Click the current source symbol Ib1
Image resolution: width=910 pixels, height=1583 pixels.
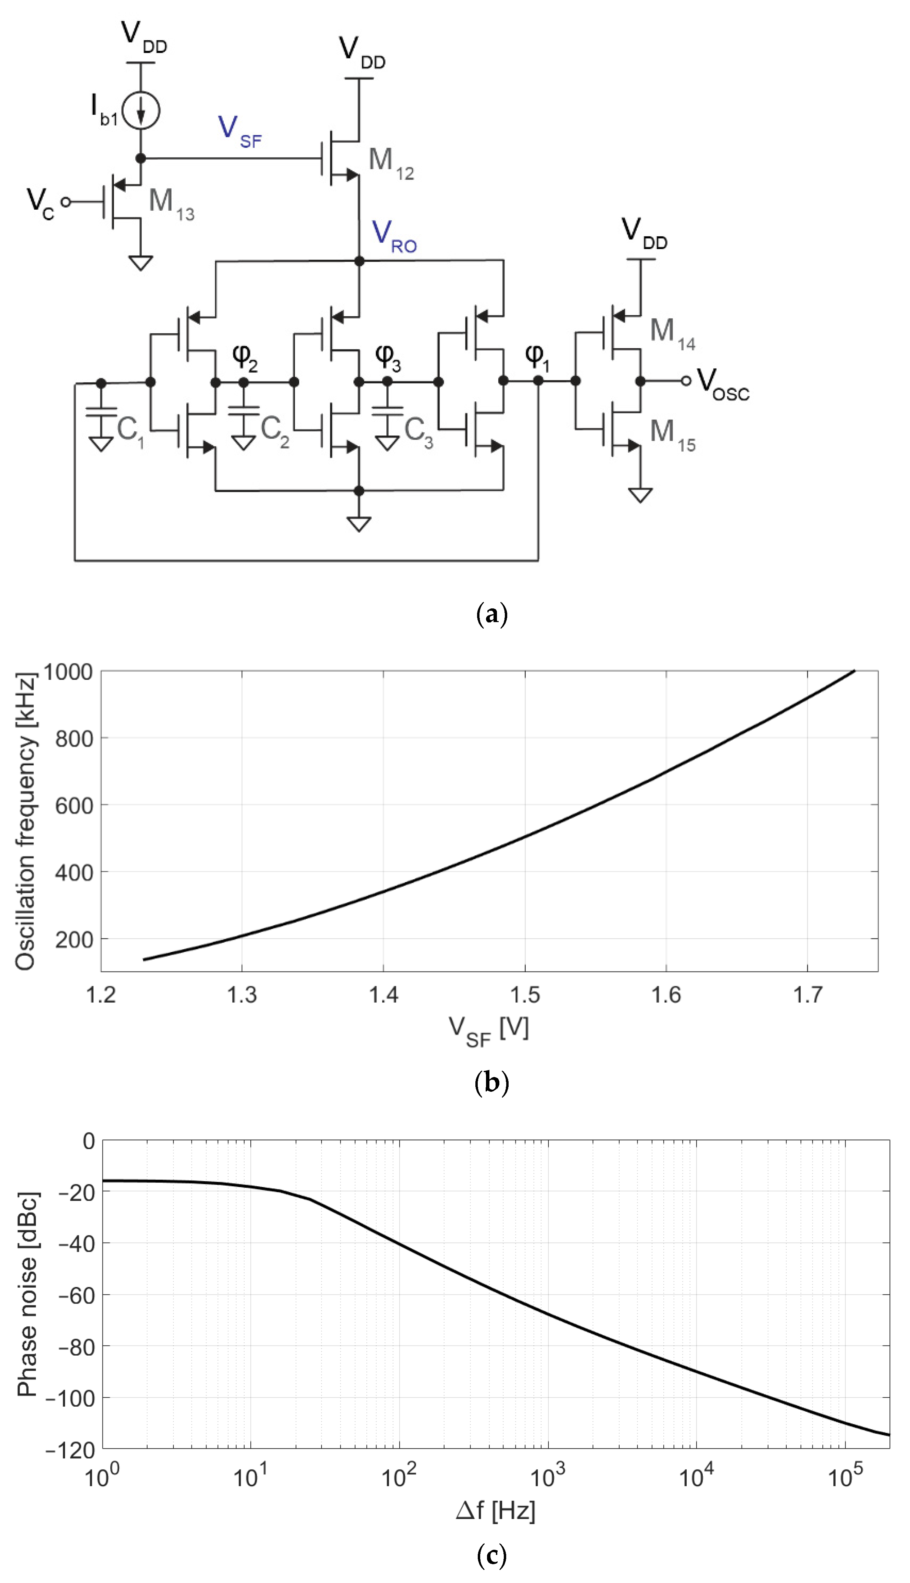[x=141, y=111]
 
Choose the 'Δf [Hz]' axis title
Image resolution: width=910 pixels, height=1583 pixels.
[x=495, y=1510]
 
